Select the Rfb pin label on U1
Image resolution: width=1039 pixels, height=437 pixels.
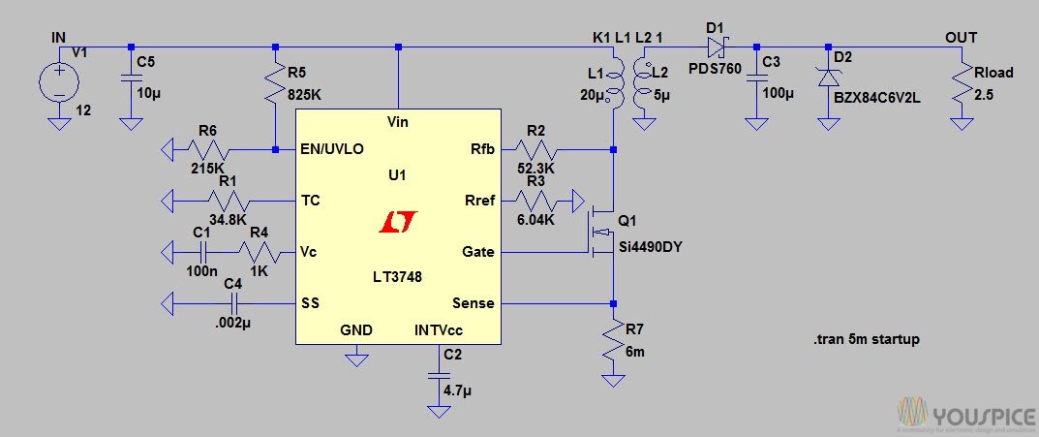(480, 150)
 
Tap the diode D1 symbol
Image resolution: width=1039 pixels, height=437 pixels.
(718, 46)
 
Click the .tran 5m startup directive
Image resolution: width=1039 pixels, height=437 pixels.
(866, 340)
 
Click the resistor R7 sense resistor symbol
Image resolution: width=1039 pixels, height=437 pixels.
(613, 342)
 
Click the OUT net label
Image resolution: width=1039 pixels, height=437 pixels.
(962, 38)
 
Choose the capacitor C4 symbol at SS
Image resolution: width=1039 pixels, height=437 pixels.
(232, 303)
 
